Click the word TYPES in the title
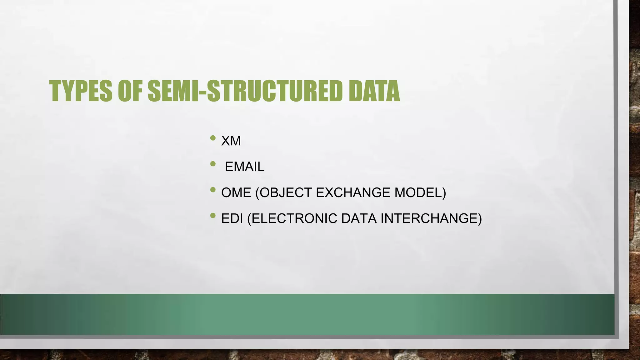pyautogui.click(x=81, y=91)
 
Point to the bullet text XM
pyautogui.click(x=231, y=141)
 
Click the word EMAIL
pyautogui.click(x=244, y=167)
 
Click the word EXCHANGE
pyautogui.click(x=353, y=192)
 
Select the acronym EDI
pyautogui.click(x=232, y=218)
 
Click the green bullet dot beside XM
pyautogui.click(x=213, y=138)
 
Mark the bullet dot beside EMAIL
pyautogui.click(x=213, y=164)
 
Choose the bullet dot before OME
pyautogui.click(x=213, y=189)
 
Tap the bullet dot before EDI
pyautogui.click(x=213, y=215)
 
